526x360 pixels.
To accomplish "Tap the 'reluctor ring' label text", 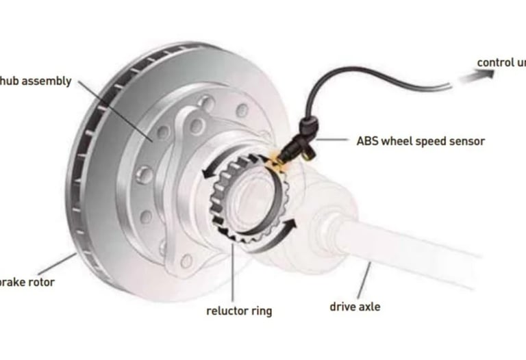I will [239, 311].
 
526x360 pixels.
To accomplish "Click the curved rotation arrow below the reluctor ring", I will [274, 236].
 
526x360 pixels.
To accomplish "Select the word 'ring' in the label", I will [260, 311].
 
